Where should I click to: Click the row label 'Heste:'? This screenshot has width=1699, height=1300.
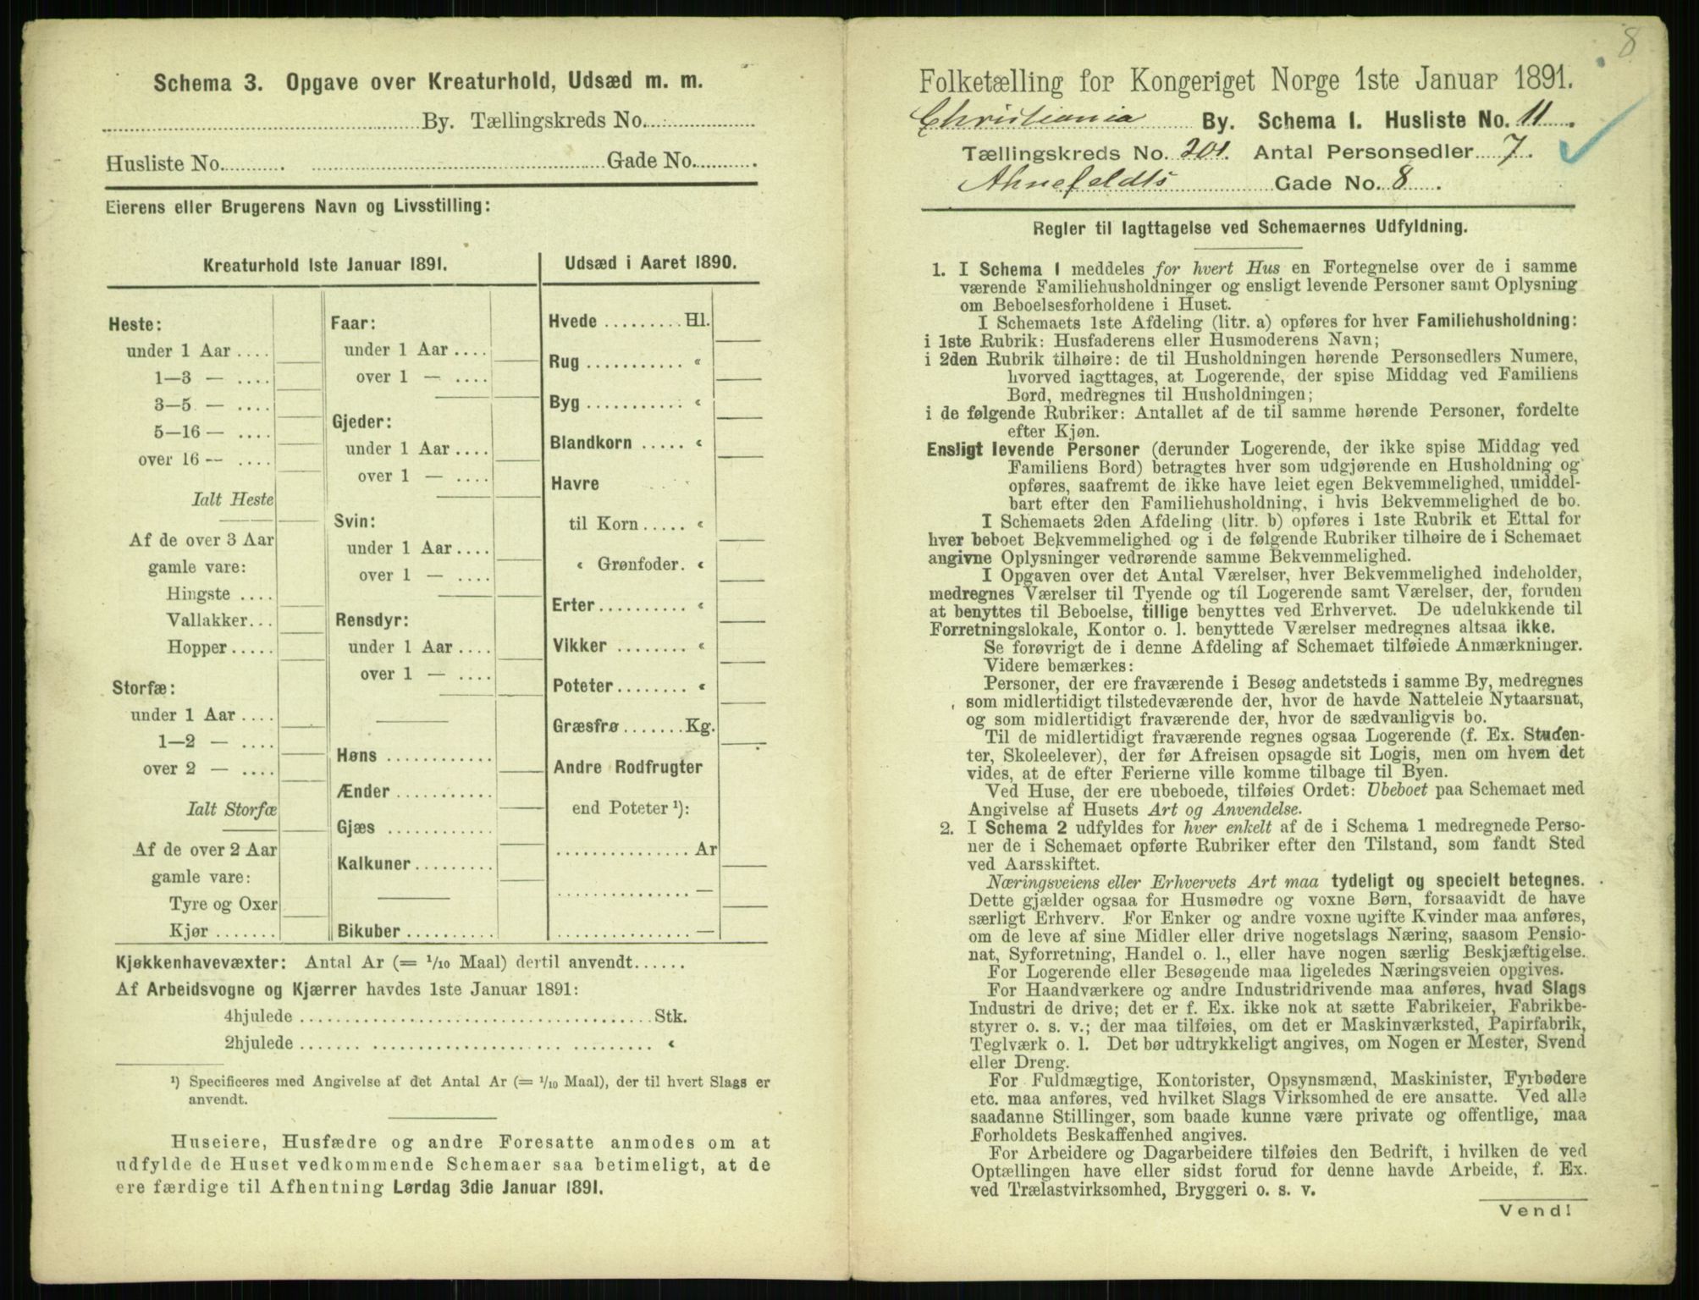135,324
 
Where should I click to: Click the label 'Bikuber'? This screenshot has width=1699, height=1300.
368,931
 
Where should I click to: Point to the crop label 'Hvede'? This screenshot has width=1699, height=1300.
574,322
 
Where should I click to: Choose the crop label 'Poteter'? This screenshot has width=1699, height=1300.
582,686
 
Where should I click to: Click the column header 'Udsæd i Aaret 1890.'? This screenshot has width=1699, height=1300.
651,262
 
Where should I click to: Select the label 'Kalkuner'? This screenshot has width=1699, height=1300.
374,864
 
